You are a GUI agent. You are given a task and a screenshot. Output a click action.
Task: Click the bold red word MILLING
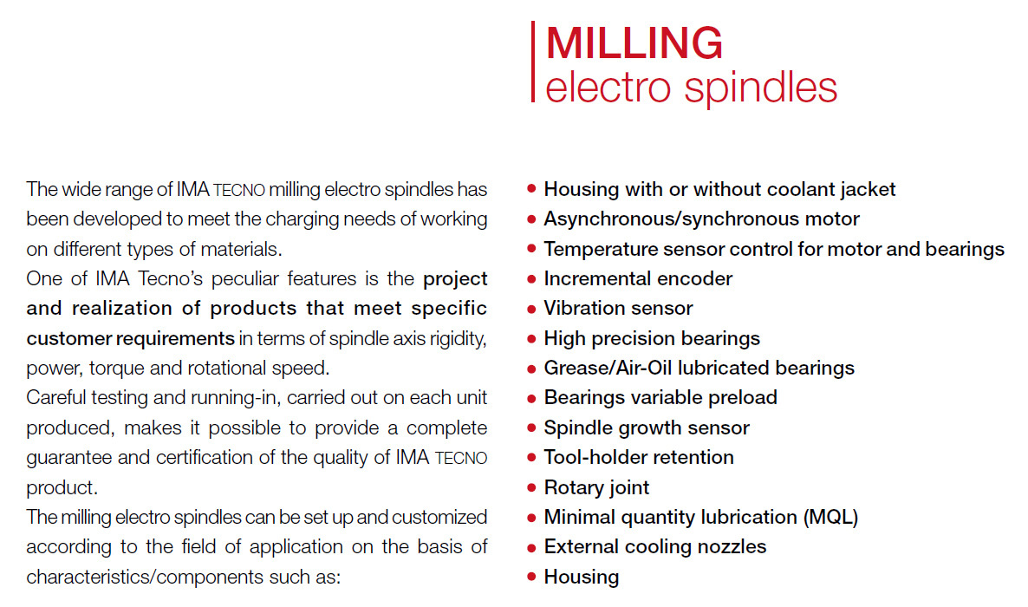coord(634,43)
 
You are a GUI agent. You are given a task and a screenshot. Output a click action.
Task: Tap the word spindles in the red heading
coord(760,88)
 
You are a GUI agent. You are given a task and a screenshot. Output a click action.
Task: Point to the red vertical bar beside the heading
coord(533,62)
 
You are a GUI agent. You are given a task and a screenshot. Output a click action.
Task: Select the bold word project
coord(455,279)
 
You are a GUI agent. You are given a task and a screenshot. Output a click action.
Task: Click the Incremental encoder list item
coord(638,279)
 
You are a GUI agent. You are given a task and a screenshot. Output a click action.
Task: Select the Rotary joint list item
coord(596,487)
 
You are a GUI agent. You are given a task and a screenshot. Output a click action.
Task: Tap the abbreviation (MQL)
coord(830,517)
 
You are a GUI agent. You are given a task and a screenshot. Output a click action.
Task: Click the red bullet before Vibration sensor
coord(531,309)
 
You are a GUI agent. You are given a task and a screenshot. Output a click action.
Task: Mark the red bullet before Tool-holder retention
coord(531,457)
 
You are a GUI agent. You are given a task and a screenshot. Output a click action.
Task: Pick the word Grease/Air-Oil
coord(608,369)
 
